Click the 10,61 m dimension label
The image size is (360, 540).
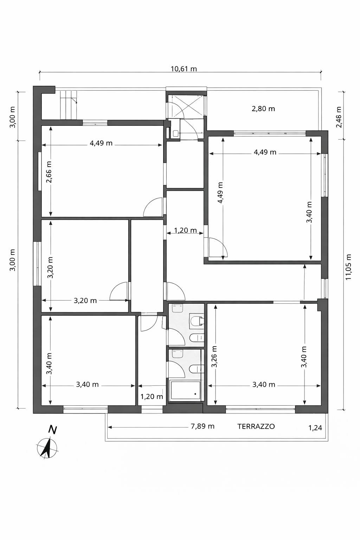(184, 69)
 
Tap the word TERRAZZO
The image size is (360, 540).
(256, 426)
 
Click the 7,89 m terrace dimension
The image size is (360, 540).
(202, 426)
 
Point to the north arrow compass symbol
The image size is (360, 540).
(47, 446)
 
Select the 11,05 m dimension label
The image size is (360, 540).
(348, 266)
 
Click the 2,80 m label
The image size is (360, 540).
(263, 109)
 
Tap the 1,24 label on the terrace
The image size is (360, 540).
(315, 428)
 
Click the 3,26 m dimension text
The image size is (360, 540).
(214, 356)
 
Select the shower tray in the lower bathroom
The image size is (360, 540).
(185, 390)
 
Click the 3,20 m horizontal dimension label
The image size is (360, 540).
(85, 301)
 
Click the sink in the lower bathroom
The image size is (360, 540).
(178, 354)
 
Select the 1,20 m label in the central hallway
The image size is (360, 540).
(185, 231)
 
